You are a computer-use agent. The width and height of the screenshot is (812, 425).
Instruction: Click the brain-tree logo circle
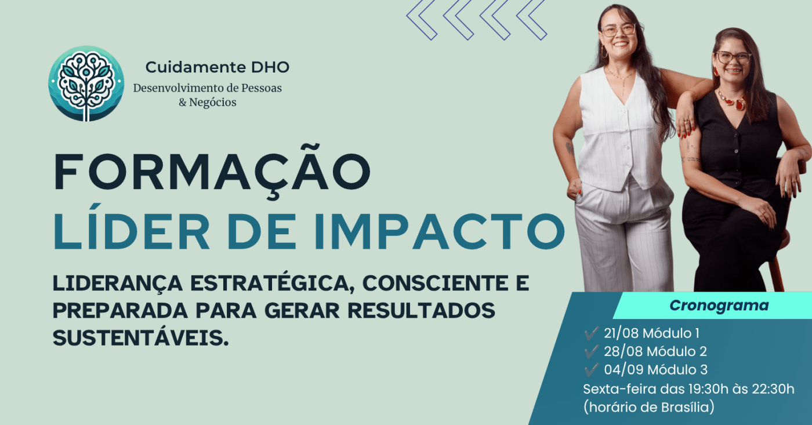point(86,83)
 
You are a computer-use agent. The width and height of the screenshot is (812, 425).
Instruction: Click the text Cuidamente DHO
point(217,67)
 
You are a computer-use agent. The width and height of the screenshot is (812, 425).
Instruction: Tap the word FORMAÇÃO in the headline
point(212,172)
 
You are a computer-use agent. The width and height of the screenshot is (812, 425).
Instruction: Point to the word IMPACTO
point(440,231)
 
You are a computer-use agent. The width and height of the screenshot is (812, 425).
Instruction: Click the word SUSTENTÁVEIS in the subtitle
point(141,337)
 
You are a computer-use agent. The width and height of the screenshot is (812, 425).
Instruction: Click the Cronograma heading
point(719,306)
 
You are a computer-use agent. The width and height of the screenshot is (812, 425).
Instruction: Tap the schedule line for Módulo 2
point(655,351)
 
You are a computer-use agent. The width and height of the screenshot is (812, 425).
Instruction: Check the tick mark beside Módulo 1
point(591,333)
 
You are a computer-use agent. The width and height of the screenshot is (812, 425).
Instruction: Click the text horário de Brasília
point(648,407)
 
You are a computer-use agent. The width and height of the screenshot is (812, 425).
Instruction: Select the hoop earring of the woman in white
point(604,52)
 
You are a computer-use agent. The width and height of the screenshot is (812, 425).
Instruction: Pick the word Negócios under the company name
point(212,103)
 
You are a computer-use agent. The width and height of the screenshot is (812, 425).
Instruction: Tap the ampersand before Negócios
point(182,103)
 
